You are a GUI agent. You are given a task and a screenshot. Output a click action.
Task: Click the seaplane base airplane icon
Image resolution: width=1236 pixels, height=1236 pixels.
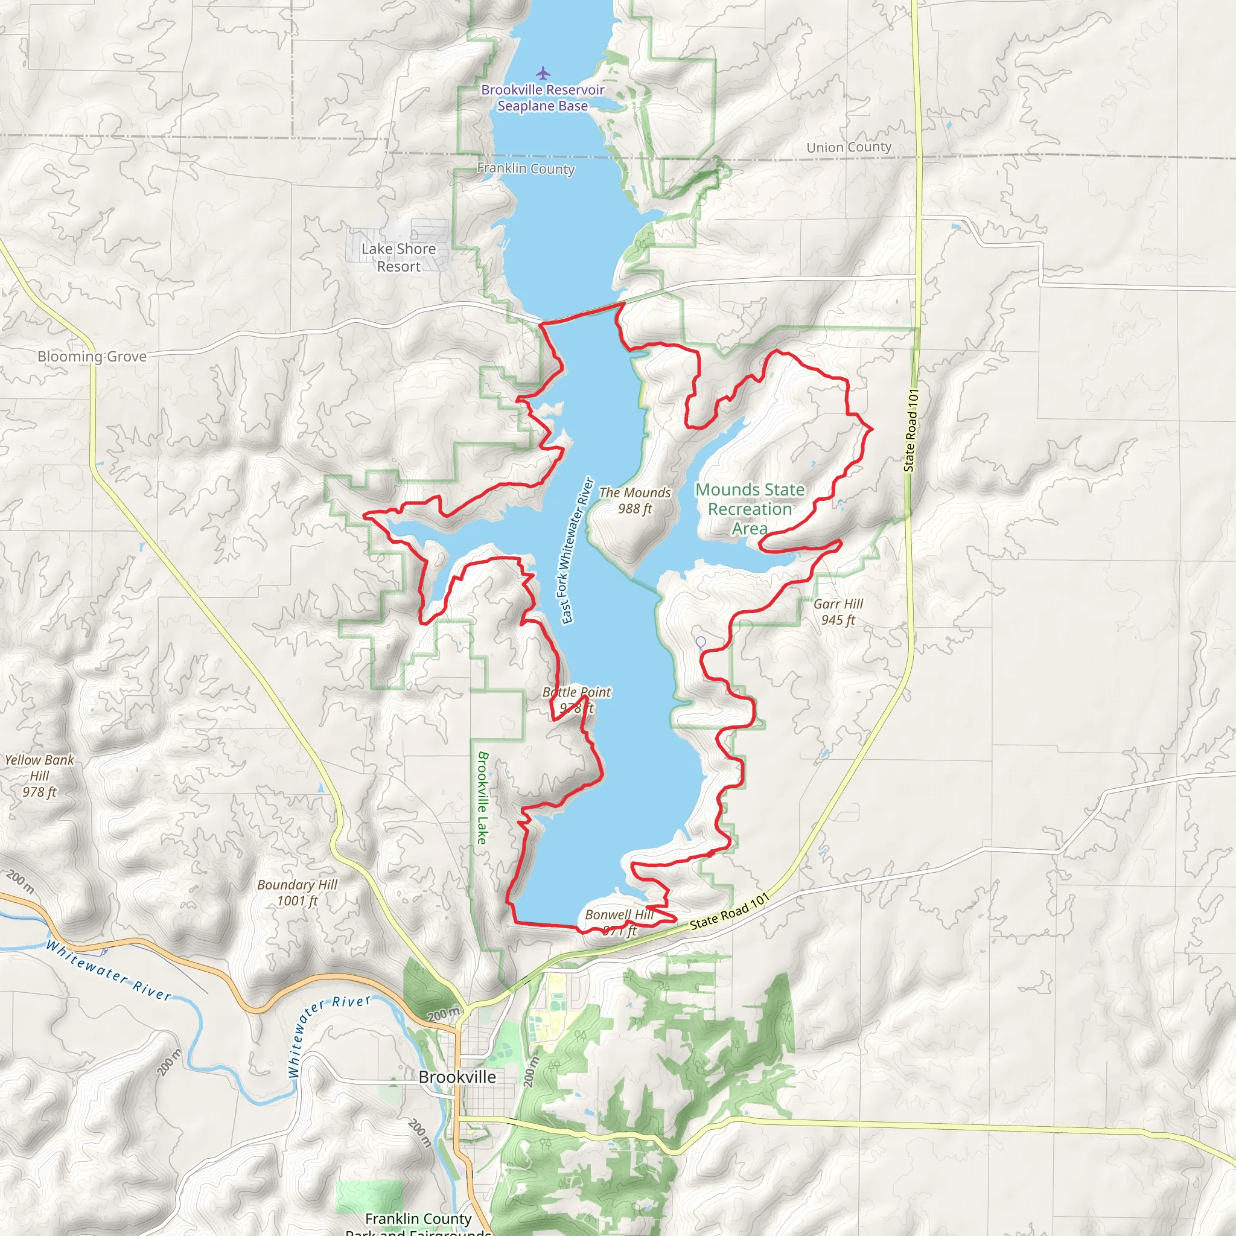pos(543,73)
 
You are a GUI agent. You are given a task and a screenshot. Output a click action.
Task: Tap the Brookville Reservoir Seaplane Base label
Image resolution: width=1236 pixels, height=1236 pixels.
pos(543,98)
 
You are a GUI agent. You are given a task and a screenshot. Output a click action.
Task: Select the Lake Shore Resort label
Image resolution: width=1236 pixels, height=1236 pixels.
pos(398,257)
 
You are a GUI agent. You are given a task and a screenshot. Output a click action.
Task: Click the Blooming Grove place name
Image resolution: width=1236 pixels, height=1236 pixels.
pos(92,356)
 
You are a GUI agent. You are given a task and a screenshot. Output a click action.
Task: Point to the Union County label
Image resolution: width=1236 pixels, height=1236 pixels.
pos(849,147)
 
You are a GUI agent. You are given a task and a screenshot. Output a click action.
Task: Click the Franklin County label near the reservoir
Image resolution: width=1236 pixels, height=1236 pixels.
pos(526,168)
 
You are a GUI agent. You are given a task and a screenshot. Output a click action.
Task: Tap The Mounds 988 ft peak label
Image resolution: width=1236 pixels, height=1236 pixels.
pos(635,500)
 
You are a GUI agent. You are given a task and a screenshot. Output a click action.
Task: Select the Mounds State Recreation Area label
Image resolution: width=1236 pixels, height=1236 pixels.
pos(750,509)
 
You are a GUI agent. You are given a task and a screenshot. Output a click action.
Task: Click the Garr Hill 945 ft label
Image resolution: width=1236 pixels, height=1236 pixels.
pos(838,611)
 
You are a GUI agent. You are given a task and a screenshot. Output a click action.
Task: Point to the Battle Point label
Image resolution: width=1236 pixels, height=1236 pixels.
pos(576,692)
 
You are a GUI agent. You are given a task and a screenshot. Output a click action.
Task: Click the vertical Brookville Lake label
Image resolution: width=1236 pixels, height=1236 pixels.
pos(483,798)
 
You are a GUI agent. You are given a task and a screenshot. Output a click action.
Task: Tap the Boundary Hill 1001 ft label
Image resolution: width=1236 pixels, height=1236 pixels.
pos(298,893)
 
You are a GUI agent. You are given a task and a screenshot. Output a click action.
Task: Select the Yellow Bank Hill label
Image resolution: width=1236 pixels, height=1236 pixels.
pos(40,776)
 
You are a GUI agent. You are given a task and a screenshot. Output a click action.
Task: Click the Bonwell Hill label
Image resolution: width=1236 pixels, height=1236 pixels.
pos(619,915)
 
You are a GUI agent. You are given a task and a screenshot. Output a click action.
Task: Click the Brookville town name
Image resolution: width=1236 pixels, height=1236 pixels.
pos(457,1077)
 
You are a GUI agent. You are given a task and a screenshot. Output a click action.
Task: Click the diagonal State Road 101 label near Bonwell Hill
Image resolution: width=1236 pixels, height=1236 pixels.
pos(728,912)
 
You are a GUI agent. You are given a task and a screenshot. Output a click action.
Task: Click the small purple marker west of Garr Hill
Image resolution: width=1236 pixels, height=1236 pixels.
pos(701,642)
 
